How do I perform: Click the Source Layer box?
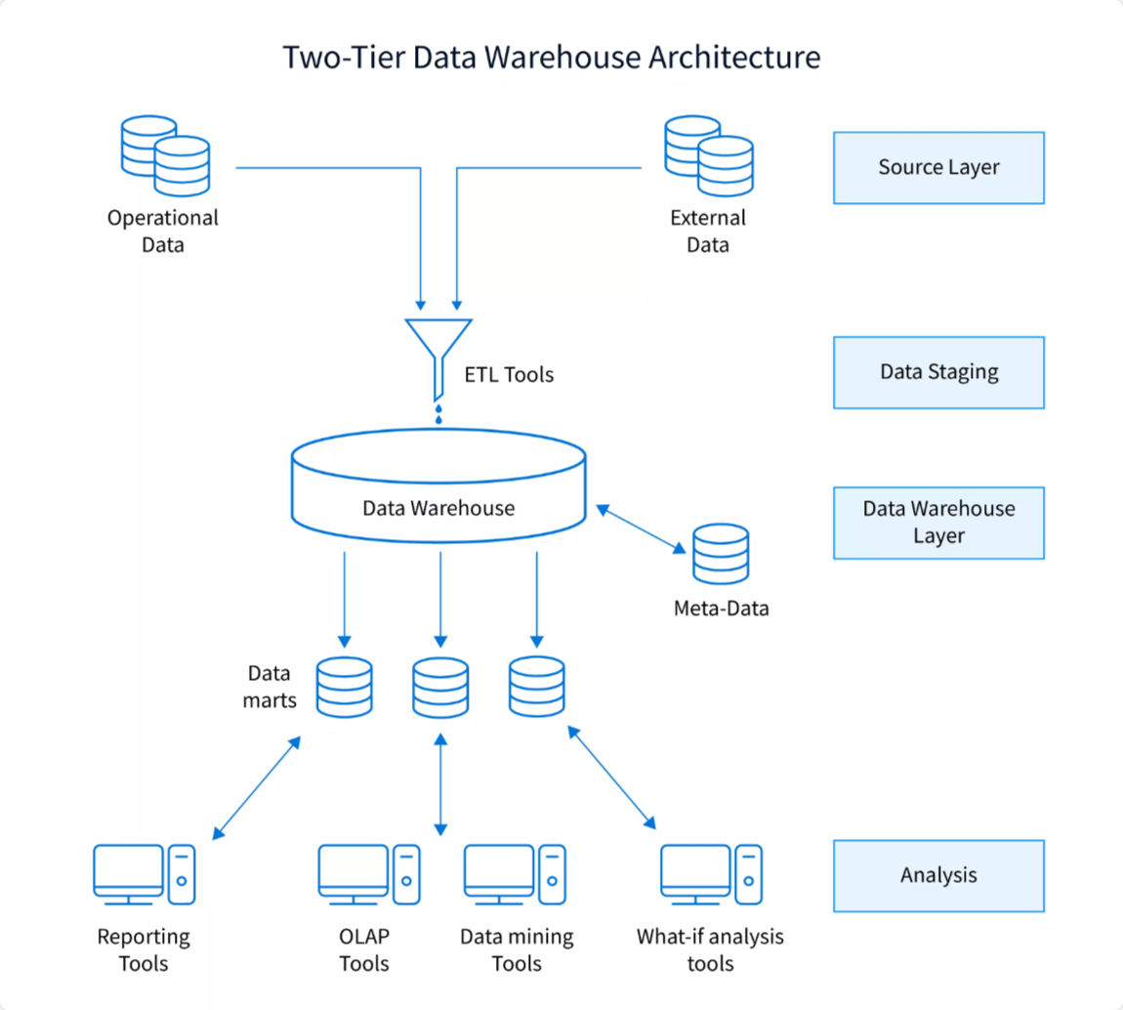click(937, 167)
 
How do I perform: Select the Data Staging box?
click(937, 372)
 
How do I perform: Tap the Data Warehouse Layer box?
click(937, 523)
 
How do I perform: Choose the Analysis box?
click(937, 875)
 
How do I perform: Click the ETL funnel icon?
click(438, 352)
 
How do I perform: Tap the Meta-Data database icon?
click(721, 555)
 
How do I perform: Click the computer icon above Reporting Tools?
click(144, 872)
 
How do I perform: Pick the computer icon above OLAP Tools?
click(368, 872)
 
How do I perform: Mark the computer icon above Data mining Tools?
click(514, 872)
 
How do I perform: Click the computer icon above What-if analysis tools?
click(710, 872)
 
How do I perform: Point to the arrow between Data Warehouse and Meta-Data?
click(641, 529)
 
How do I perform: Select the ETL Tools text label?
click(509, 374)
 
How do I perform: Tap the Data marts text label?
click(270, 686)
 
